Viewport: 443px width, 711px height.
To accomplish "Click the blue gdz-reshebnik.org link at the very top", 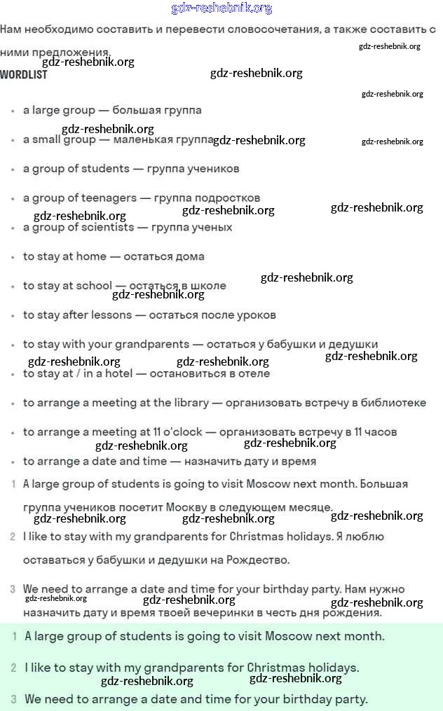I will (221, 8).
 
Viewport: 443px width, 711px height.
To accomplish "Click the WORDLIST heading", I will (24, 74).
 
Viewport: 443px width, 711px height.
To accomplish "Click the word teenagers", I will (109, 198).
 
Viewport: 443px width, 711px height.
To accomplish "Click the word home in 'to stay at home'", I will (91, 256).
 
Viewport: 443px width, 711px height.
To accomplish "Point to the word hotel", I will (118, 373).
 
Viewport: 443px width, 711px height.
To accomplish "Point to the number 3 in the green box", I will (13, 699).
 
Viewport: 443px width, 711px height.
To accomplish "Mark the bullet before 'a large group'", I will (13, 111).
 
